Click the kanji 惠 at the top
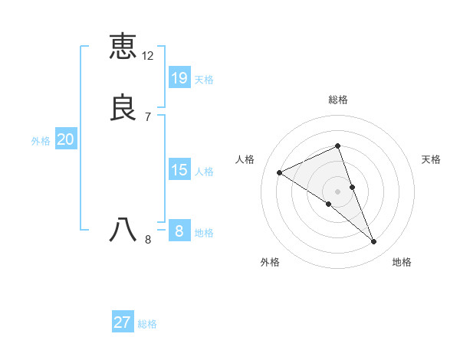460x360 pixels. coord(123,46)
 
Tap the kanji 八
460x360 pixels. coord(123,229)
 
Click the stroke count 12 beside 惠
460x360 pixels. coord(148,56)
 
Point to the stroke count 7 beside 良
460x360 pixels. coord(148,117)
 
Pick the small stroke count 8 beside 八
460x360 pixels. coord(148,240)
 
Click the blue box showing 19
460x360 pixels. coord(179,77)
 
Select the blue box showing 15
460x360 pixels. coord(179,170)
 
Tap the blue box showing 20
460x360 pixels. coord(66,139)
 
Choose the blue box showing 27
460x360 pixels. coord(123,322)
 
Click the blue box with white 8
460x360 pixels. coord(179,231)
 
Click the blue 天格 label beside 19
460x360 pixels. coord(204,80)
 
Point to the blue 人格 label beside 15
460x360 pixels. coord(204,172)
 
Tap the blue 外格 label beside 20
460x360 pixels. coord(41,141)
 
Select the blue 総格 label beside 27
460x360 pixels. coord(147,324)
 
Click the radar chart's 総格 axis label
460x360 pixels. coord(338,100)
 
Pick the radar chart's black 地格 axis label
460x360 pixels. coord(402,262)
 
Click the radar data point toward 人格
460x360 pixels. coord(280,173)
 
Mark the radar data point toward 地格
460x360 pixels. coord(374,242)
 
